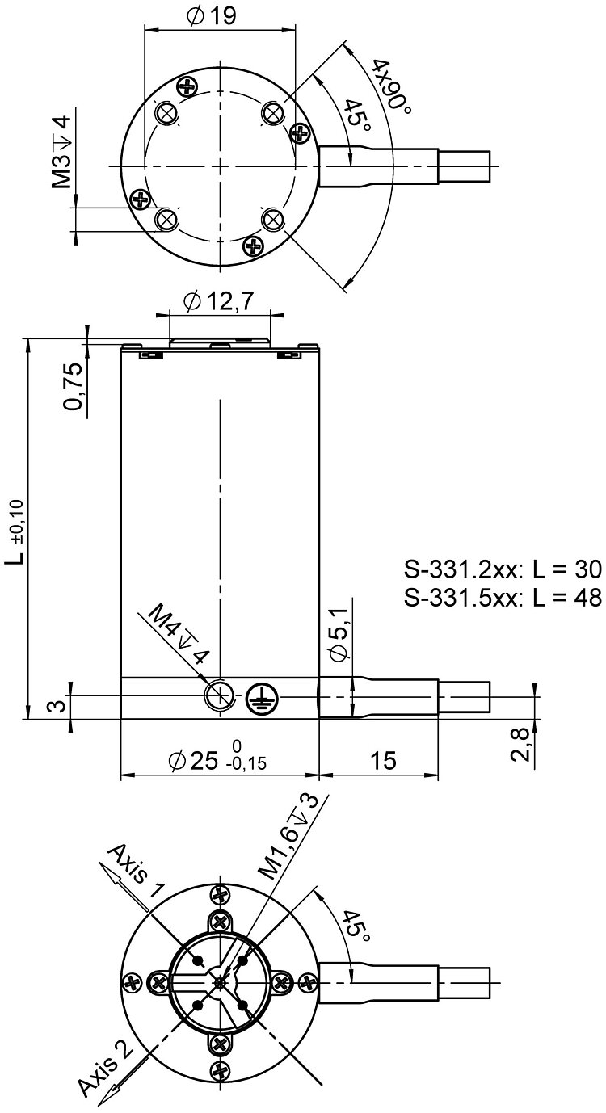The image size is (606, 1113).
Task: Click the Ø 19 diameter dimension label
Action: pos(212,16)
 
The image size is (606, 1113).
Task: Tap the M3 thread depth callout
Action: pos(62,152)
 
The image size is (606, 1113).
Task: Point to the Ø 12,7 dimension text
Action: pos(219,301)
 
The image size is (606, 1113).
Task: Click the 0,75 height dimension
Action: pos(73,386)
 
